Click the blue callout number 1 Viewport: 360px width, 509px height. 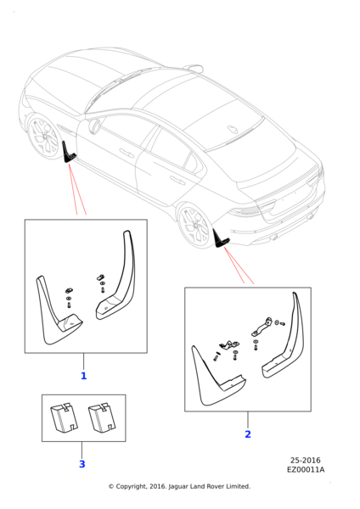coord(83,376)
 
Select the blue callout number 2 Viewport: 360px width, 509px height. coord(248,434)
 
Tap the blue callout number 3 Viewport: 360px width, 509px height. coord(82,464)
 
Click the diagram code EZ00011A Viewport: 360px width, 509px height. coord(306,469)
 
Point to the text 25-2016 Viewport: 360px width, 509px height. coord(305,460)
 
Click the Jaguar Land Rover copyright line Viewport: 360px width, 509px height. coord(179,486)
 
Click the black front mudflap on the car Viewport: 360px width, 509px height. coord(68,153)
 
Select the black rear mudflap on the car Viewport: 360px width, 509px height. coord(220,238)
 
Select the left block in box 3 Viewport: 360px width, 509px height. coord(64,417)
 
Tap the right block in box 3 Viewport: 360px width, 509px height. coord(102,418)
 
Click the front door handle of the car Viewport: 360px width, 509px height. coord(127,153)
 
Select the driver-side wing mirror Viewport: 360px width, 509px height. coord(94,126)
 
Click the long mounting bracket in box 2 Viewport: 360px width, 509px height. coord(262,327)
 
